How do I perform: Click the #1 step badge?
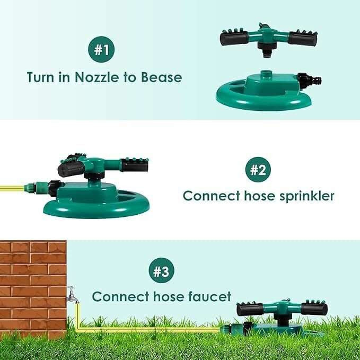(101, 49)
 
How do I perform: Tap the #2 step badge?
(258, 170)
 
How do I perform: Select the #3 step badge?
(161, 270)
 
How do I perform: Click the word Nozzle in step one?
(96, 77)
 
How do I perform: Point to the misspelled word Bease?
(161, 77)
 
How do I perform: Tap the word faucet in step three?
(209, 296)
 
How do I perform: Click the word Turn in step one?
(41, 77)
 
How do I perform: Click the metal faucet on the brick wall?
(73, 295)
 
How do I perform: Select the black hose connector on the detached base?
(309, 81)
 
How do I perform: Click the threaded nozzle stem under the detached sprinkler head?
(266, 54)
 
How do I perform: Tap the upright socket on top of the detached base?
(266, 74)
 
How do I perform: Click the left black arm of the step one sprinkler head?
(234, 37)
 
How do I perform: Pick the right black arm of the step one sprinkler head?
(303, 37)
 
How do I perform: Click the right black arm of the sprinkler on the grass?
(314, 309)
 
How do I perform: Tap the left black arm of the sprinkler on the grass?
(250, 309)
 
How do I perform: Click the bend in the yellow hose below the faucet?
(78, 329)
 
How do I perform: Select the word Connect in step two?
(211, 196)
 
